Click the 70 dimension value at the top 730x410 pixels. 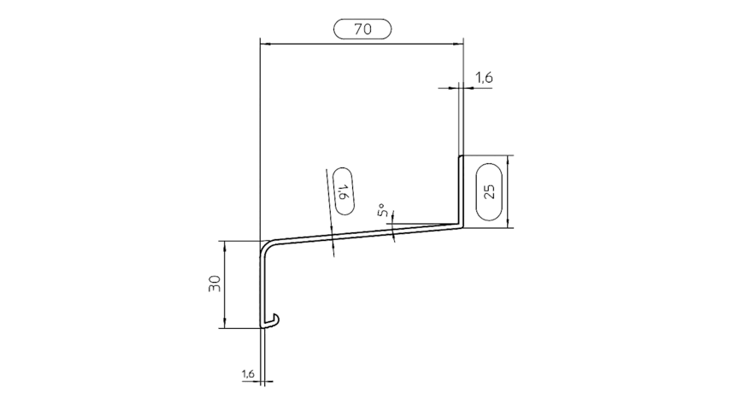point(362,29)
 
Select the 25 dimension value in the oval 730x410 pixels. point(489,191)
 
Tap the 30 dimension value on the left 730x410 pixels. point(215,284)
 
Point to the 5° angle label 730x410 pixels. point(383,210)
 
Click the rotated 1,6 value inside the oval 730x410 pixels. point(343,191)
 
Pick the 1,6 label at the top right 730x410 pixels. point(484,77)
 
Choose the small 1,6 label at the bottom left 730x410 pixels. point(248,373)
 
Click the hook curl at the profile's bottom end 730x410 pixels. point(273,319)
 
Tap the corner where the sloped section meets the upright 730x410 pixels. point(461,225)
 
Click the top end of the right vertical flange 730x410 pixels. point(461,156)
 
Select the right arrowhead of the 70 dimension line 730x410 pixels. point(458,44)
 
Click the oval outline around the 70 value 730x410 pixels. point(362,20)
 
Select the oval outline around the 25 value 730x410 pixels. point(477,191)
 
